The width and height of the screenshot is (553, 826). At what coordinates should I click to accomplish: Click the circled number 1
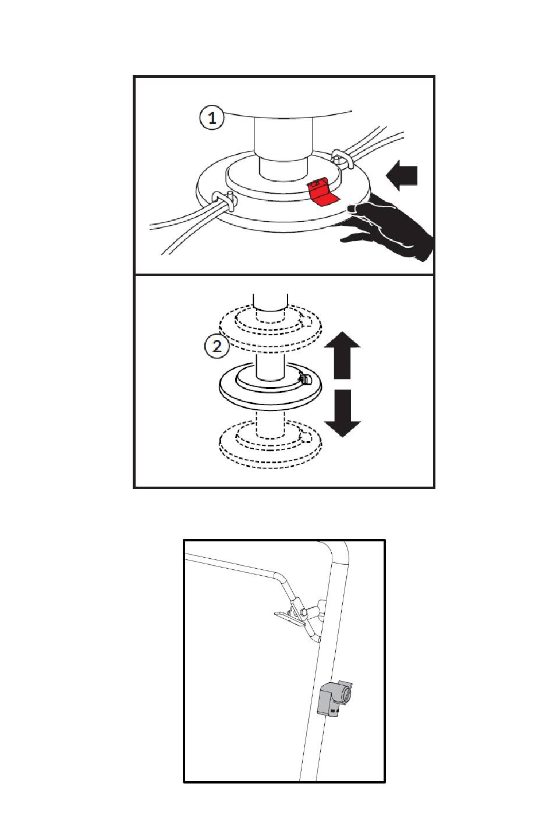click(212, 118)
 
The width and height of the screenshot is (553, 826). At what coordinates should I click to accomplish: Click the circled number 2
click(217, 347)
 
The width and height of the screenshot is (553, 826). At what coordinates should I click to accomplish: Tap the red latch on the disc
click(322, 192)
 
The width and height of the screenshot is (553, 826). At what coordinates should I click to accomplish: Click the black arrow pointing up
click(342, 356)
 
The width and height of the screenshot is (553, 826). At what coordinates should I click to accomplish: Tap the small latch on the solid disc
click(304, 378)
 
